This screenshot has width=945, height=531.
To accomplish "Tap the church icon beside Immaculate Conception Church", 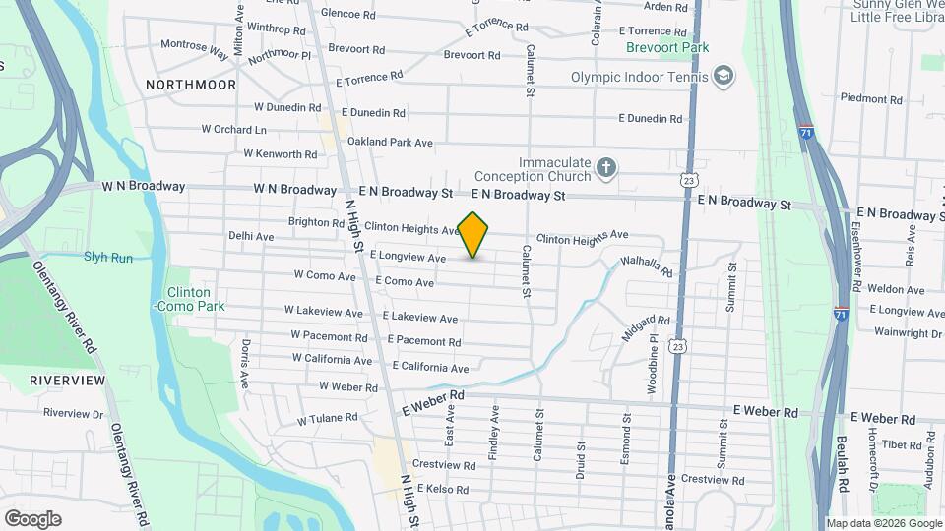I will click(606, 169).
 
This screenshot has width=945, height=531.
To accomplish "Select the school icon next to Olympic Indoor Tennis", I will click(724, 77).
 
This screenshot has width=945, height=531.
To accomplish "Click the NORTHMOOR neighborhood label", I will click(191, 85).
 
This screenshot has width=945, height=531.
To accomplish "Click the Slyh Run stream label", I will click(108, 258).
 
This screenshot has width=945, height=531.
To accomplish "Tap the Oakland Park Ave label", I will click(390, 143).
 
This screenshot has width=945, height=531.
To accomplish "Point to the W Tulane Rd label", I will click(328, 418).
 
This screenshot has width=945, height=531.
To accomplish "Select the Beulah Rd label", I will click(843, 466).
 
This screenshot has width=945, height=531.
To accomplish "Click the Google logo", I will click(32, 518).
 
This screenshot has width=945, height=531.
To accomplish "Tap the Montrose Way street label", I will click(194, 48).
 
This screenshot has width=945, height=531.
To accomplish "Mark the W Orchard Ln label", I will click(234, 129).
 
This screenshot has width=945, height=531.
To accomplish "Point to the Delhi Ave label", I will click(251, 236).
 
